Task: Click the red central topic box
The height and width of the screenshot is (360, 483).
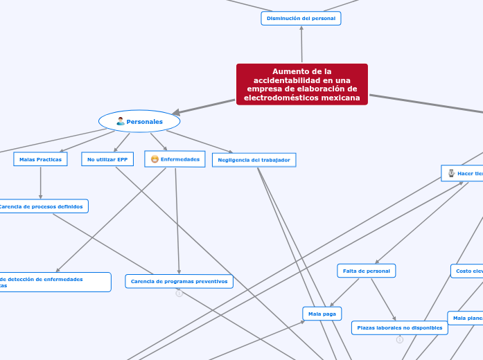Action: (301, 84)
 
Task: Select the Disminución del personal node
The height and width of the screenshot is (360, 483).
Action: (301, 18)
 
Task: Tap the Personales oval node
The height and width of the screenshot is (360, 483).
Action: (139, 122)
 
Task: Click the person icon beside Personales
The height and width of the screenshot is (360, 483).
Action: (121, 122)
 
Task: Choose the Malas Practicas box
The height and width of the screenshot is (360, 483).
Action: (40, 159)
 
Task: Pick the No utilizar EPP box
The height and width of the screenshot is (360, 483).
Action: (107, 159)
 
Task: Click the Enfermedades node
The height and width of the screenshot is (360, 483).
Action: (175, 159)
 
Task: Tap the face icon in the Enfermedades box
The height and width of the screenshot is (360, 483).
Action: (155, 159)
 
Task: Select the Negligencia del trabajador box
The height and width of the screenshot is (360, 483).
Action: (254, 160)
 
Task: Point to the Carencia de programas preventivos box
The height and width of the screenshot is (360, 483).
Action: (179, 281)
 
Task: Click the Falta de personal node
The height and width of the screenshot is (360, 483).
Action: (366, 271)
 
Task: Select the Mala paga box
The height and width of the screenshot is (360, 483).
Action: (322, 314)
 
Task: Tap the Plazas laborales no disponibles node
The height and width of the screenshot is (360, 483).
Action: (399, 327)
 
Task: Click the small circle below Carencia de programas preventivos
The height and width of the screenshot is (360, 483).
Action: (179, 294)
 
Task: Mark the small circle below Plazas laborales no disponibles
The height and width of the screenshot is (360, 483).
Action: (400, 340)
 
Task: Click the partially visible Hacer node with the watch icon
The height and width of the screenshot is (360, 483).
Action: (463, 173)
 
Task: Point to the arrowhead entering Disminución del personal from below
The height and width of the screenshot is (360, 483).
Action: (301, 28)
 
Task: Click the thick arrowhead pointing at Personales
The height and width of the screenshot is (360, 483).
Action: (177, 112)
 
